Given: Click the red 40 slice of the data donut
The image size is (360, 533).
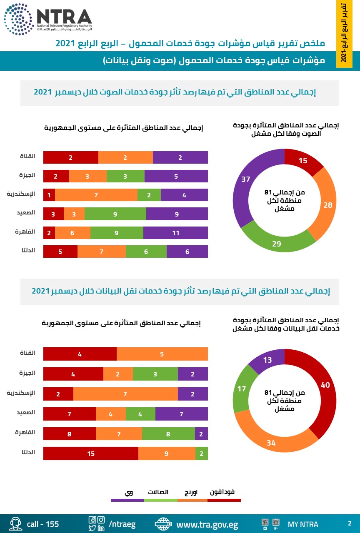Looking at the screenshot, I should tap(325, 385).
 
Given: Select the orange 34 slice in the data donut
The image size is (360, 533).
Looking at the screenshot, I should tap(271, 443).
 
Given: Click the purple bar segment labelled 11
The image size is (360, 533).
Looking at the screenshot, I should tap(175, 233).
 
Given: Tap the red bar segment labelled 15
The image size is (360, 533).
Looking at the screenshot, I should tap(91, 453).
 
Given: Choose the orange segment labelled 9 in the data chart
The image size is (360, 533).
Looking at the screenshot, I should tap(167, 453).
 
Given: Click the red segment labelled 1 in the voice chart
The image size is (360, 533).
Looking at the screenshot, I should tap(49, 195).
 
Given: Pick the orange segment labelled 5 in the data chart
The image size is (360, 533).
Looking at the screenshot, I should tap(162, 354).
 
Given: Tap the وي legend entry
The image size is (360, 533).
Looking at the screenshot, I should tap(128, 492).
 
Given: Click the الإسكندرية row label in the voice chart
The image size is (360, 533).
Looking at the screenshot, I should tap(21, 194).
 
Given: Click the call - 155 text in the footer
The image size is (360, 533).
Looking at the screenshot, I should tap(42, 524).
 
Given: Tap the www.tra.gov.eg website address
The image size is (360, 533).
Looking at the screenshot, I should tap(207, 524).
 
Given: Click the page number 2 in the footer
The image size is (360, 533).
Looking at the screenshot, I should tap(350, 523).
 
